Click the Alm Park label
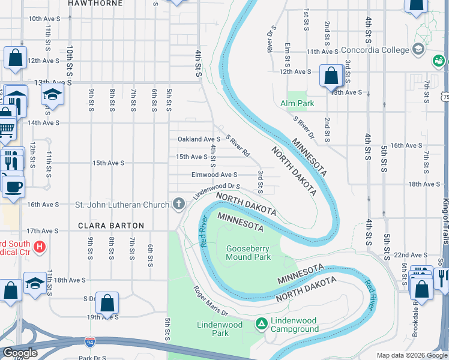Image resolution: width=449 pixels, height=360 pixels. (297, 103)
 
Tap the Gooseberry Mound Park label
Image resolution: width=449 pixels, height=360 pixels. (248, 253)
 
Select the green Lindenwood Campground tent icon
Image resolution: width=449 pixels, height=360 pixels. (261, 325)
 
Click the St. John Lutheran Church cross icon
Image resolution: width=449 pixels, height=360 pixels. (178, 205)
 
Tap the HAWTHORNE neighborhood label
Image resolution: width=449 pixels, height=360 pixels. (95, 4)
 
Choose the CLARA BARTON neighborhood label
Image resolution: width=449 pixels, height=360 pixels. (111, 226)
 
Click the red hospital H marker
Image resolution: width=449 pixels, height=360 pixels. (40, 247)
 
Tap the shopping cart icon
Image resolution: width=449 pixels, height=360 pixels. (5, 128)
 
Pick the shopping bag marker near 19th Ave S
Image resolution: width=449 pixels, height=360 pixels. (107, 303)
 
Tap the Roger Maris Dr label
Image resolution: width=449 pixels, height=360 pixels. (211, 301)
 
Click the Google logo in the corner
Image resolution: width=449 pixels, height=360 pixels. (20, 353)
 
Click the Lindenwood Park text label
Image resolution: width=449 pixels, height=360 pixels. (220, 329)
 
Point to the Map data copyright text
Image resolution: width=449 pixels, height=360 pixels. (412, 355)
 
